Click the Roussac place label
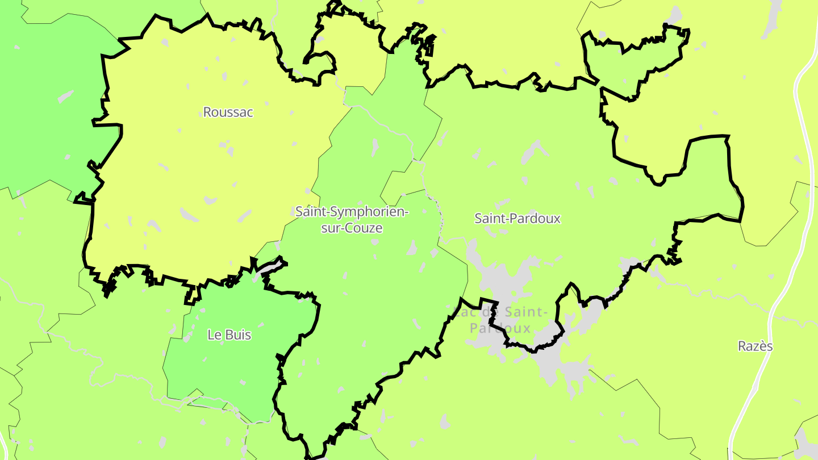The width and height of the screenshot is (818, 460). tap(228, 112)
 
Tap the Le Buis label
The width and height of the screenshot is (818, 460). tap(229, 335)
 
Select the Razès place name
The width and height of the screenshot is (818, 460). tap(755, 346)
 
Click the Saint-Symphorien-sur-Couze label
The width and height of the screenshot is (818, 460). tap(352, 220)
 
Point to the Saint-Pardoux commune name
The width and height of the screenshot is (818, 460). tap(517, 219)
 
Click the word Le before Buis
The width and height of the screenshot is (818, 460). tap(215, 335)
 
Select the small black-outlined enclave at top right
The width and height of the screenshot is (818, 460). tap(631, 62)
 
